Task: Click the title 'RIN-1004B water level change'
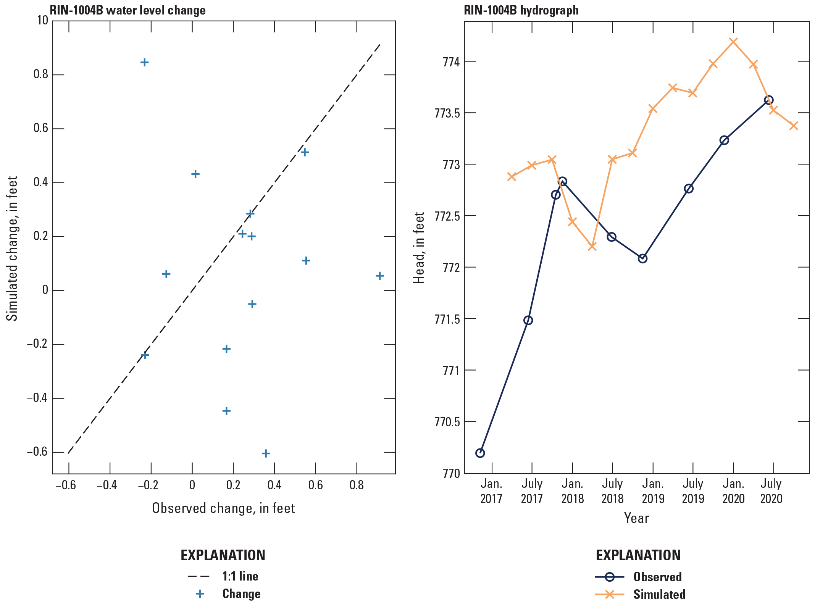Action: tap(127, 10)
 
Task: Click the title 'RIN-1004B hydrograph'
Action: tap(521, 10)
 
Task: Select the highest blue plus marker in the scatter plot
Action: tap(144, 63)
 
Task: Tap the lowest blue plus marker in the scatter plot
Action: tap(266, 453)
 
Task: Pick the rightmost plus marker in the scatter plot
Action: tap(379, 276)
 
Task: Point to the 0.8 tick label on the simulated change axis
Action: tap(41, 74)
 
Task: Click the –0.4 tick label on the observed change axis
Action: tap(107, 485)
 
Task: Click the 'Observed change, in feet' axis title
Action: tap(223, 508)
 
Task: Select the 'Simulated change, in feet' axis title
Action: tap(13, 248)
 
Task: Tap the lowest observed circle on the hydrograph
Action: tap(480, 453)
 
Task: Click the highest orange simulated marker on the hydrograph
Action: tap(733, 41)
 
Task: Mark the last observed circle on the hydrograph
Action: tap(768, 100)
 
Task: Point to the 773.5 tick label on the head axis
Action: tap(447, 113)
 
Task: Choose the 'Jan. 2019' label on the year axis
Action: tap(653, 491)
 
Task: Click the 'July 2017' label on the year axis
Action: tap(531, 491)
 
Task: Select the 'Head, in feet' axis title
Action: tap(419, 248)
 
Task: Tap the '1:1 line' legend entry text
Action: tap(240, 576)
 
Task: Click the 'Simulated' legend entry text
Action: tap(659, 595)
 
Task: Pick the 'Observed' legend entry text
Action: tap(657, 577)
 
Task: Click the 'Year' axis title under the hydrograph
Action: tap(636, 518)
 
